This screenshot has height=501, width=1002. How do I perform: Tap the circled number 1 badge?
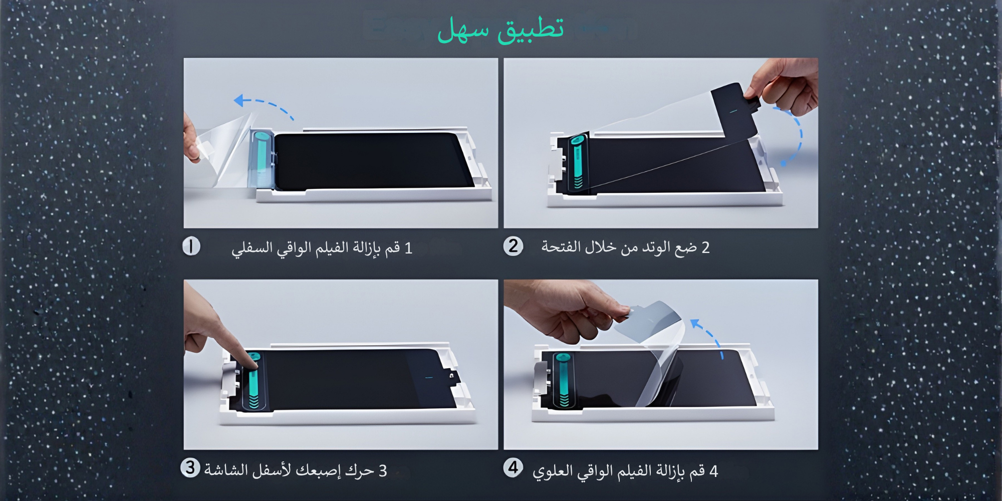coord(191,246)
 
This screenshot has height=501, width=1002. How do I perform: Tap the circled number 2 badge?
coord(513,246)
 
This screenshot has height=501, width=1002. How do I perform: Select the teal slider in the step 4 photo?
coord(562,379)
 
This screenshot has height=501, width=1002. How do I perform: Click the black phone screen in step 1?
coord(373,160)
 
